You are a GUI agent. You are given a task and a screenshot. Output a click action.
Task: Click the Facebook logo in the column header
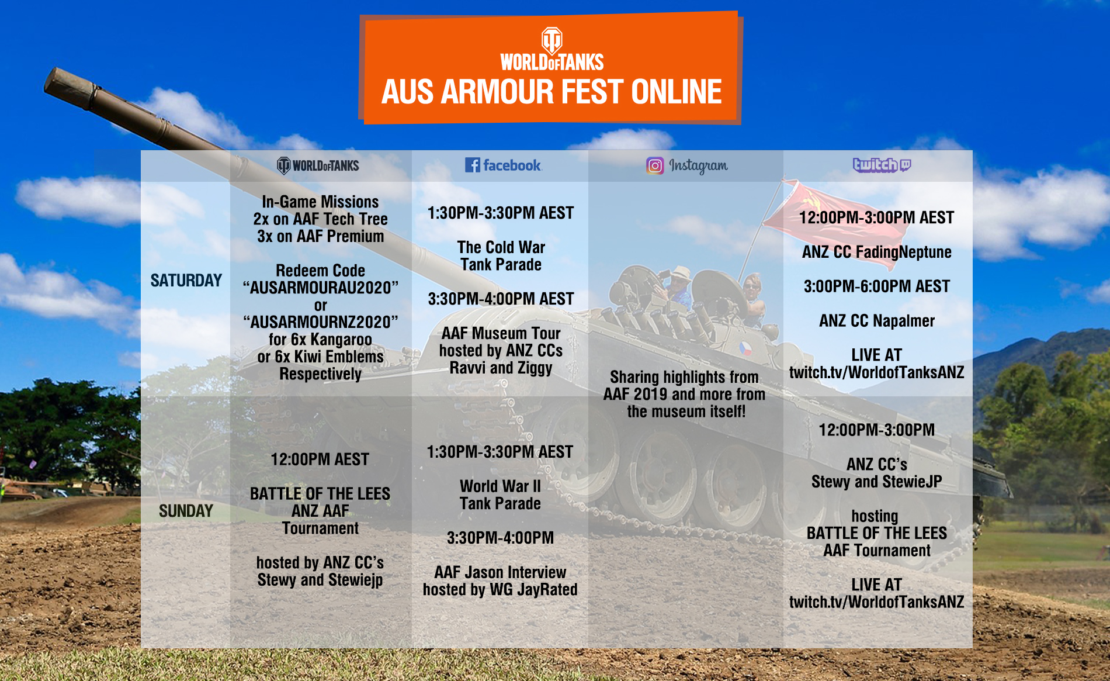pos(503,165)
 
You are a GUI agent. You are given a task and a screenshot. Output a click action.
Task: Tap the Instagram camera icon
pos(655,166)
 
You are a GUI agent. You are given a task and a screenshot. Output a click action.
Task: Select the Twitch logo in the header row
pos(882,165)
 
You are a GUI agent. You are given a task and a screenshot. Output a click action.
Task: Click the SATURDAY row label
pos(186,281)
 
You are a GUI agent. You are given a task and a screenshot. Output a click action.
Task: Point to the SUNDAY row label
pos(186,511)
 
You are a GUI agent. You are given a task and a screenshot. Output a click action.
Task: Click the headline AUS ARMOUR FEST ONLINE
pos(551,92)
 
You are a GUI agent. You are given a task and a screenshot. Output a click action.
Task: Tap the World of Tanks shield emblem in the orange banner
pos(551,40)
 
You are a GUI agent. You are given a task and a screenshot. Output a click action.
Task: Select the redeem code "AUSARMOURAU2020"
pos(321,288)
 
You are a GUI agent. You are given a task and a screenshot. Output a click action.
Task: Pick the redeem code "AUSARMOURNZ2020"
pos(321,322)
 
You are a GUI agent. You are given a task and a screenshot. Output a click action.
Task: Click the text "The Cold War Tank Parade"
pos(501,256)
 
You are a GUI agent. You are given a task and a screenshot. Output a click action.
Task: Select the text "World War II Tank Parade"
pos(501,495)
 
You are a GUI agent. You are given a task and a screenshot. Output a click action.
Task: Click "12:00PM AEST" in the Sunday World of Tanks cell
pos(320,459)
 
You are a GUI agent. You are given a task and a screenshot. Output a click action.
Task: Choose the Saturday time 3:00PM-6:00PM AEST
pos(877,286)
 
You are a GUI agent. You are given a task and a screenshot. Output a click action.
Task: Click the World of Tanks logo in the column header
pos(318,166)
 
